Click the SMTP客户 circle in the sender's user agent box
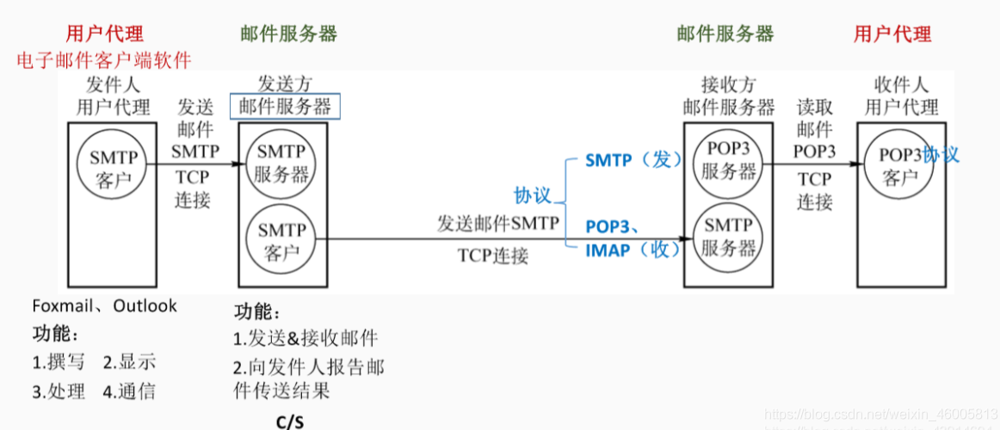tap(111, 165)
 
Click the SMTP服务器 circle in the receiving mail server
tap(728, 238)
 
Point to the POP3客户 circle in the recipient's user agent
tap(900, 165)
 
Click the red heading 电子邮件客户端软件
tap(104, 60)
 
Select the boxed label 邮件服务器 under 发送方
tap(285, 106)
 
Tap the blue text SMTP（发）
tap(633, 159)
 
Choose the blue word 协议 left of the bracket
tap(532, 195)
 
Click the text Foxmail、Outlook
tap(104, 306)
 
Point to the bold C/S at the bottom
tap(289, 421)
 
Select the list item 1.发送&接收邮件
tap(306, 338)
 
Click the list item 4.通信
tap(129, 391)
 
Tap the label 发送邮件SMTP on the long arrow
tap(498, 224)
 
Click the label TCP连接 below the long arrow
tap(493, 255)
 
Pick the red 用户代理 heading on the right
tap(892, 34)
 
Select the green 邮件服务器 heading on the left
tap(289, 34)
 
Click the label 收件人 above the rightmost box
tap(901, 84)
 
